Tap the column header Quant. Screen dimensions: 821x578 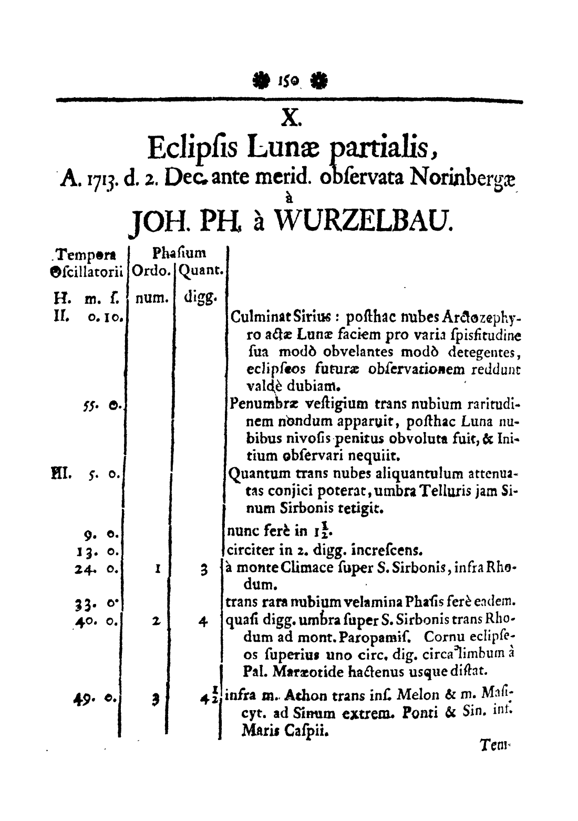click(202, 271)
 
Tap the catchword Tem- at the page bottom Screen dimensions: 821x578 click(494, 745)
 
